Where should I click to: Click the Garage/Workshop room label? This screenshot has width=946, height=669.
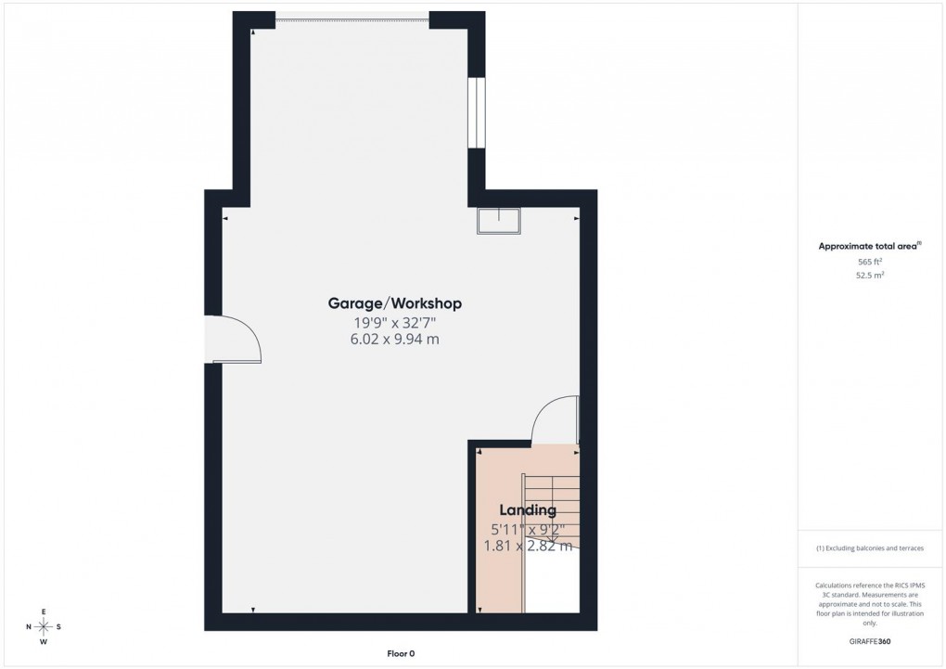pyautogui.click(x=394, y=303)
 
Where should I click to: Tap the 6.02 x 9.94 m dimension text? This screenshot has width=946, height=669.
pyautogui.click(x=394, y=340)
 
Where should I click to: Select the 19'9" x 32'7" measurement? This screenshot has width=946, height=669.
pyautogui.click(x=394, y=323)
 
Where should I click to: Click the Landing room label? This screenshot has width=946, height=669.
pyautogui.click(x=528, y=509)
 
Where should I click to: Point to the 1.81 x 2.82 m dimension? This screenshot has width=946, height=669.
pyautogui.click(x=526, y=546)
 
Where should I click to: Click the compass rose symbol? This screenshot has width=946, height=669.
pyautogui.click(x=44, y=626)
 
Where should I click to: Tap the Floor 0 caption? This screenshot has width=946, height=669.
pyautogui.click(x=401, y=653)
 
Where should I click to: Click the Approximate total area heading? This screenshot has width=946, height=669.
pyautogui.click(x=869, y=246)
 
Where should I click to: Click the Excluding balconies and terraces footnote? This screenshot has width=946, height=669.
pyautogui.click(x=869, y=548)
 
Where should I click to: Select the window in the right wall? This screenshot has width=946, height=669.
pyautogui.click(x=476, y=112)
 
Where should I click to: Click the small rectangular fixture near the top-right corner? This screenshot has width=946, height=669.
pyautogui.click(x=499, y=221)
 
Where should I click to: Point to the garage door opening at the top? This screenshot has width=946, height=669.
pyautogui.click(x=352, y=16)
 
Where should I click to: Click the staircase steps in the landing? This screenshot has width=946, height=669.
pyautogui.click(x=552, y=520)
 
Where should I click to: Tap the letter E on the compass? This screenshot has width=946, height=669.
pyautogui.click(x=44, y=611)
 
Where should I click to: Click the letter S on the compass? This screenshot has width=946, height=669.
pyautogui.click(x=58, y=626)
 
